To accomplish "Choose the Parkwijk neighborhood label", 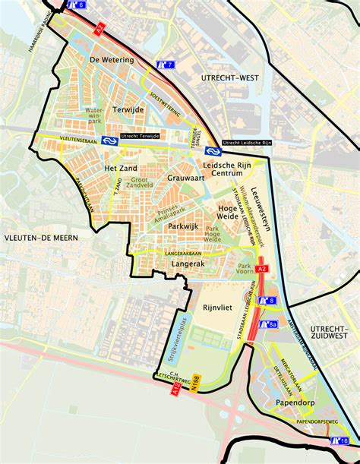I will (182, 226).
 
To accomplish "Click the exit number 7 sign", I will (165, 65).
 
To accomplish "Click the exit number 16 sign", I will (339, 441).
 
